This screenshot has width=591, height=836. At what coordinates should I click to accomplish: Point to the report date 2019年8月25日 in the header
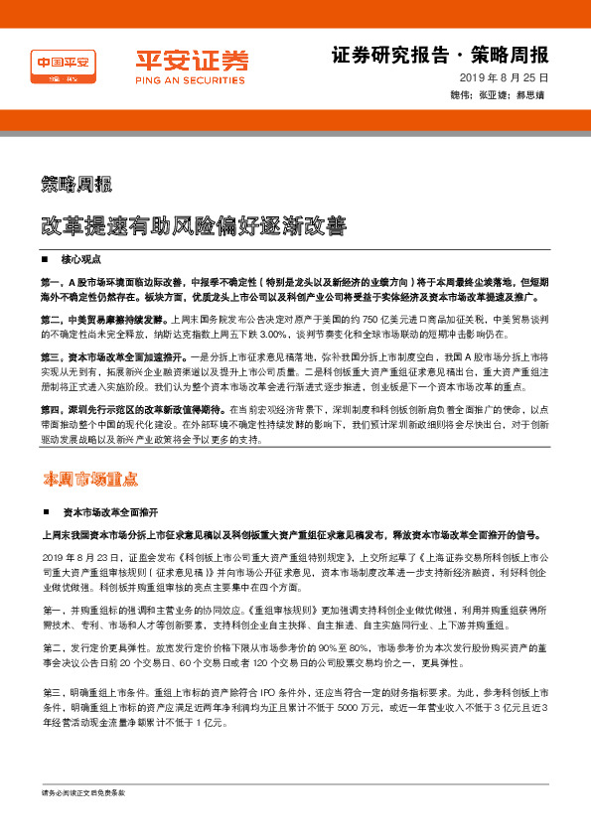pyautogui.click(x=504, y=77)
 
